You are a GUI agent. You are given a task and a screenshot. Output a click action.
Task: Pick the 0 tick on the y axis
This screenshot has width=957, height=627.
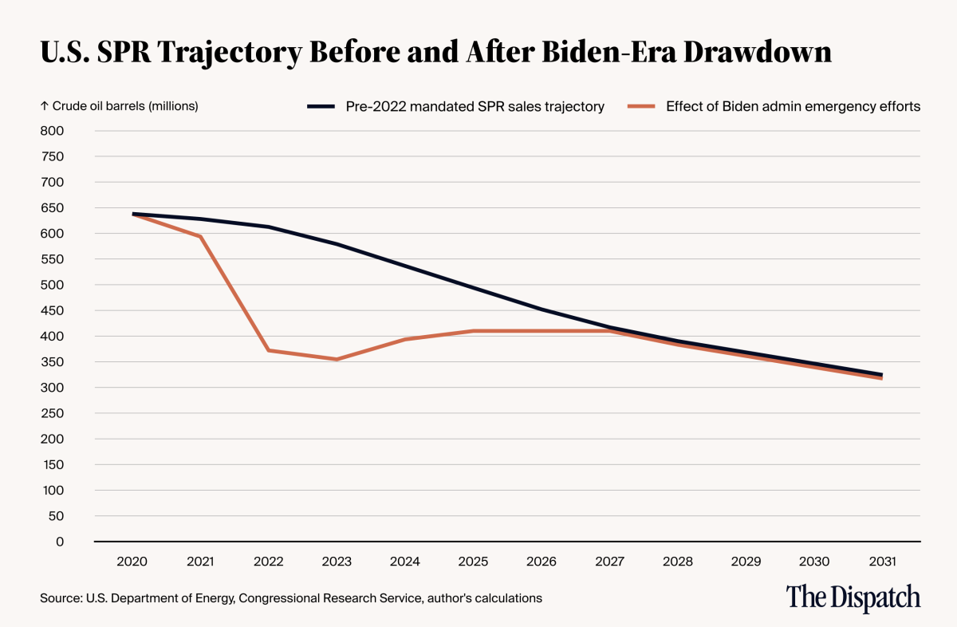(58, 542)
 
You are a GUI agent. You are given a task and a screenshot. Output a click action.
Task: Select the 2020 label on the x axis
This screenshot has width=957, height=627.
(132, 562)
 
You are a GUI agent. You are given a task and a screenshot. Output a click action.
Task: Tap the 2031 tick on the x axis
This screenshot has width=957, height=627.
(881, 562)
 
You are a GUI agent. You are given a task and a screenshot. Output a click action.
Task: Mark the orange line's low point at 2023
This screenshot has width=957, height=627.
(337, 359)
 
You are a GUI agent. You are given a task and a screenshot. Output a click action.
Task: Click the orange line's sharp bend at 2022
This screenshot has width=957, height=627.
(269, 350)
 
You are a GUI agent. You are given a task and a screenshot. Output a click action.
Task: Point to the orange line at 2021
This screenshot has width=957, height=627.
(200, 236)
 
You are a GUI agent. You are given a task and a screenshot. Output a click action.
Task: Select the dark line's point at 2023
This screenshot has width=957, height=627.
(337, 244)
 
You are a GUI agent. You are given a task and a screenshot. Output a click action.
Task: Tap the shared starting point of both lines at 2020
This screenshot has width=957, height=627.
(132, 214)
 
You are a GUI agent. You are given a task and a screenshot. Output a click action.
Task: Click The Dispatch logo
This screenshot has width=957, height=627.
(853, 597)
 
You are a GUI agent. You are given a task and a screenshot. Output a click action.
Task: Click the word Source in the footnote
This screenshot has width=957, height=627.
(57, 597)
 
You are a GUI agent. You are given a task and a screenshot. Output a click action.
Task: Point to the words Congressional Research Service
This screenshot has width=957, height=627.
(326, 597)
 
